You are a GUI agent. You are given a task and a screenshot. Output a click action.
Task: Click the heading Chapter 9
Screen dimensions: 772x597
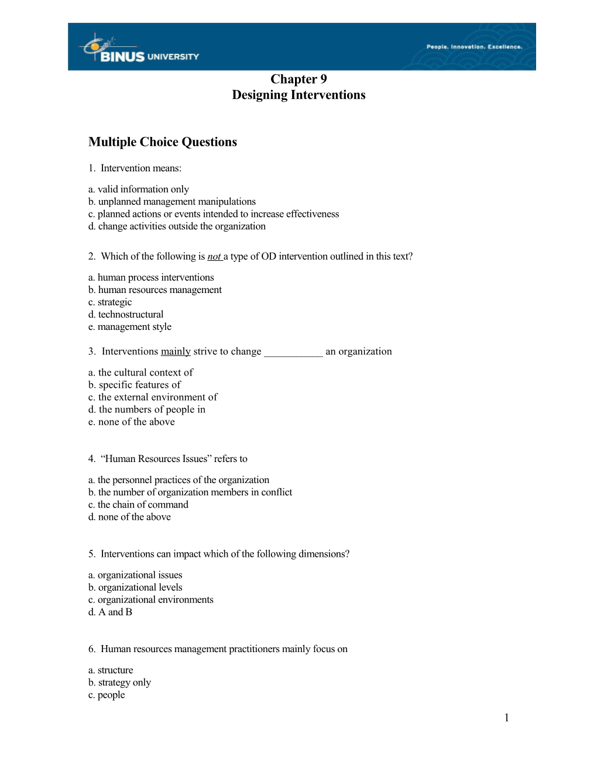point(298,79)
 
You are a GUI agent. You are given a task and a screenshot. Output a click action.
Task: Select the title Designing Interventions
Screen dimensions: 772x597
point(298,95)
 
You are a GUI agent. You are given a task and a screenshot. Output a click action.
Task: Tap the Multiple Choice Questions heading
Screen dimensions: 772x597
point(163,142)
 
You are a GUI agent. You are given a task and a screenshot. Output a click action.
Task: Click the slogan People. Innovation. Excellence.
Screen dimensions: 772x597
point(474,47)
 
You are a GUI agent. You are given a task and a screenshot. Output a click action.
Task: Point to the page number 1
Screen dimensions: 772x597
point(506,718)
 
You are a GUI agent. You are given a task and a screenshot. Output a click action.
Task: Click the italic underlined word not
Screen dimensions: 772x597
point(214,256)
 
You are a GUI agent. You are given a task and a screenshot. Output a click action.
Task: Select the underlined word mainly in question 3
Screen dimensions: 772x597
point(176,351)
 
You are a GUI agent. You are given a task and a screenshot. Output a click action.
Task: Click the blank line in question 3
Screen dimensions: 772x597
point(293,352)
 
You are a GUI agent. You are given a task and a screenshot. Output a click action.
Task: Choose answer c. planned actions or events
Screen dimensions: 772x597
point(214,214)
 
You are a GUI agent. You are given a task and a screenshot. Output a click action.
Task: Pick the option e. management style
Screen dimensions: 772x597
point(130,327)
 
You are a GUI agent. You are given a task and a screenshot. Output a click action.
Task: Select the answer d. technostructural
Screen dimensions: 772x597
point(126,315)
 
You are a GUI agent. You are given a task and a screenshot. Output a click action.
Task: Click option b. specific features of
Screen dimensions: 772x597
point(135,385)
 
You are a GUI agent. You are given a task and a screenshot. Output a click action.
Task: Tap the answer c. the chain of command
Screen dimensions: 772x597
point(138,505)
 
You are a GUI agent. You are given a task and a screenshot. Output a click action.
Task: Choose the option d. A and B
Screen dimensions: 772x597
point(110,612)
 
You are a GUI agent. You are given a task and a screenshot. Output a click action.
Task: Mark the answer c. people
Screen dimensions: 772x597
point(107,695)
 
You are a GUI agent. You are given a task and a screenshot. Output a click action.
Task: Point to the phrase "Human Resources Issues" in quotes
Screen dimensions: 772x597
point(156,459)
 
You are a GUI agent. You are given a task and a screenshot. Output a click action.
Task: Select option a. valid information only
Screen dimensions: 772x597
point(139,189)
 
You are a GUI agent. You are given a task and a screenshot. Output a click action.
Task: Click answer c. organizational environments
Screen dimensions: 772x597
point(151,600)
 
